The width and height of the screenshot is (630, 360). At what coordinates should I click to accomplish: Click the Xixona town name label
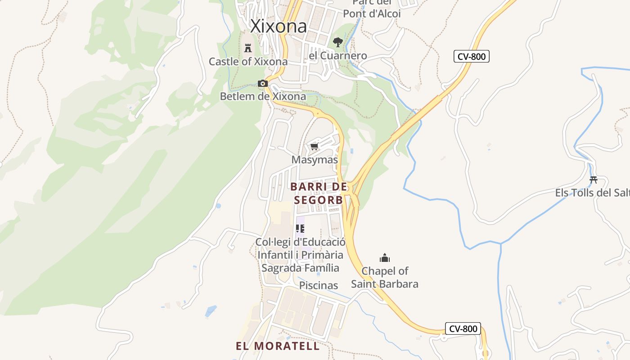click(279, 26)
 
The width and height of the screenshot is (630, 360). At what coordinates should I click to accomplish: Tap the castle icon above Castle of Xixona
click(247, 48)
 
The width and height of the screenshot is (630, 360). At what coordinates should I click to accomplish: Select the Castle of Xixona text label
click(248, 62)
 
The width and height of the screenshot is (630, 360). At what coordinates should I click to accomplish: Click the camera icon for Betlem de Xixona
click(263, 83)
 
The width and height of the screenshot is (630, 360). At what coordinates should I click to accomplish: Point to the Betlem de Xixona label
click(263, 96)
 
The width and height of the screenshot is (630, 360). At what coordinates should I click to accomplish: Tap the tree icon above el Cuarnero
click(337, 42)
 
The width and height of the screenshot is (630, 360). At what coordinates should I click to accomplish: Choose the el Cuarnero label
click(338, 56)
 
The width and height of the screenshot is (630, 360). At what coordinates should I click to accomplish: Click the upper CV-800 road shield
click(471, 56)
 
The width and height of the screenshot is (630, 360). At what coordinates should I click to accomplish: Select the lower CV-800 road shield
click(463, 328)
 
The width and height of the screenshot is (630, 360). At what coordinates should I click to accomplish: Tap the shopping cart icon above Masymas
click(315, 147)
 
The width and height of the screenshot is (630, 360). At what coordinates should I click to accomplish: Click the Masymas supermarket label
click(315, 160)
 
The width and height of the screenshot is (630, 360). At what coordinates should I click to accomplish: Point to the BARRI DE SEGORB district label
click(319, 193)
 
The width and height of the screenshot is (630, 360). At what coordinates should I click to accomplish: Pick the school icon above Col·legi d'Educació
click(300, 229)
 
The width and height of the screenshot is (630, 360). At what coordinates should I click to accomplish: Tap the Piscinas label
click(319, 285)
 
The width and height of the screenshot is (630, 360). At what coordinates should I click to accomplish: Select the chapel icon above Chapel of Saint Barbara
click(385, 258)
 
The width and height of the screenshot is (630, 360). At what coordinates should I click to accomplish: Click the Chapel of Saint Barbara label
click(385, 278)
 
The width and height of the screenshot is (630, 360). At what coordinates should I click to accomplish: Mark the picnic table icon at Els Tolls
click(594, 180)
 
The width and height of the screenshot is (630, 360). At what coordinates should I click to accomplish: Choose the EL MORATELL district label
click(278, 346)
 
